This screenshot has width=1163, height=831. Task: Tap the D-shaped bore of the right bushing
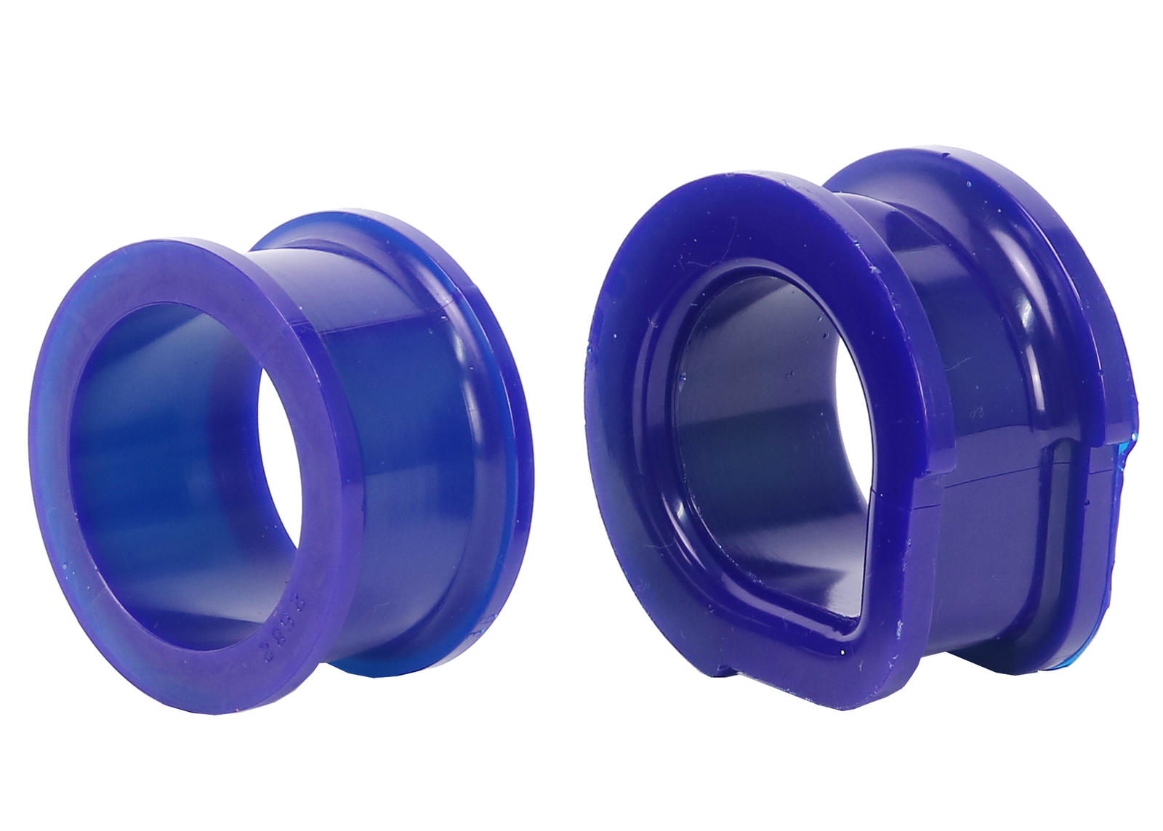[763, 436]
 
